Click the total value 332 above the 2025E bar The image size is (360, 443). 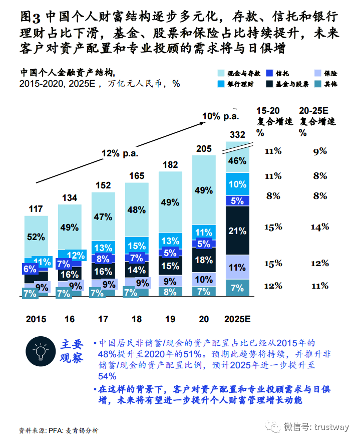(237, 134)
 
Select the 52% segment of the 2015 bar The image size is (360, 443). (36, 237)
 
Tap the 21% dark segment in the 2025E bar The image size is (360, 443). (237, 231)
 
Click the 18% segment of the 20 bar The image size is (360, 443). (204, 260)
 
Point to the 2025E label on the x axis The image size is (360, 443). (237, 319)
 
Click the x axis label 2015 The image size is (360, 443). (36, 319)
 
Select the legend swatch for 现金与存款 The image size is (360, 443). (224, 73)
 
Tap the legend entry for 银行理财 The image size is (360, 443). (241, 84)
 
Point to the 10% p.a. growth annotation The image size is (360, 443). (220, 116)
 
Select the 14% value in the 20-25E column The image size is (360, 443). (319, 227)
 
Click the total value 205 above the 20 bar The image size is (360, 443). (204, 148)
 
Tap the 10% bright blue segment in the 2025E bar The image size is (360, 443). (237, 184)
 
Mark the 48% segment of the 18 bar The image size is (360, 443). (137, 210)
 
